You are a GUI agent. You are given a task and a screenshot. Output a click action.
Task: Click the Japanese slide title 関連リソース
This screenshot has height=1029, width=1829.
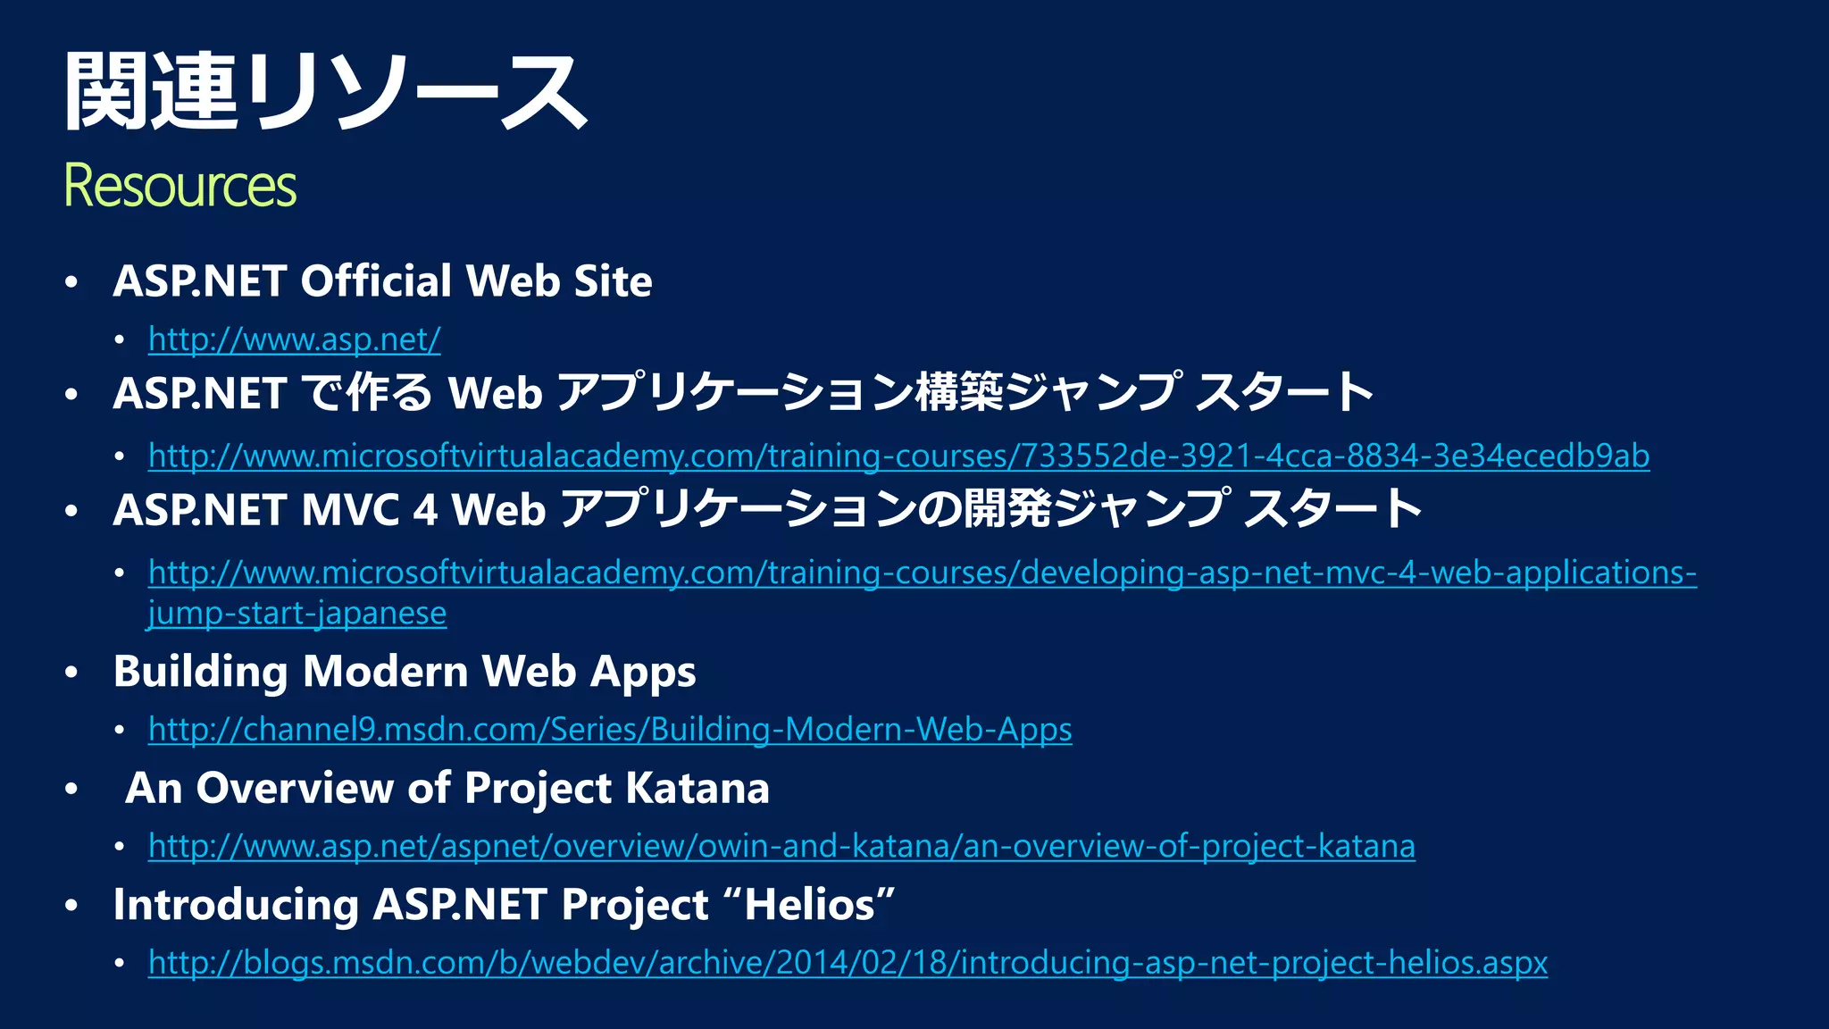tap(326, 91)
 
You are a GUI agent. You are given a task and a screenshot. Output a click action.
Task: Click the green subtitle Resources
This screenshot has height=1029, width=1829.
tap(180, 186)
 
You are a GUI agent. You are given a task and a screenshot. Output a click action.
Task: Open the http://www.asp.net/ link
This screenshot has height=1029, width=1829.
tap(294, 339)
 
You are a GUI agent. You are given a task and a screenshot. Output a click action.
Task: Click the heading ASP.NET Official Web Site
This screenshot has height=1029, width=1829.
tap(382, 281)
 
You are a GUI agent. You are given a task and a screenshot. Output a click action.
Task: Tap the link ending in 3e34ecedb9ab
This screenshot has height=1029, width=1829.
tap(898, 456)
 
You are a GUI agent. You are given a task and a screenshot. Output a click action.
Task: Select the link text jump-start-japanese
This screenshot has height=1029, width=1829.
tap(297, 614)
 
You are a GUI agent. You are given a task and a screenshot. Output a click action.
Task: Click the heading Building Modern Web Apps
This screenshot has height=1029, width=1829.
tap(405, 672)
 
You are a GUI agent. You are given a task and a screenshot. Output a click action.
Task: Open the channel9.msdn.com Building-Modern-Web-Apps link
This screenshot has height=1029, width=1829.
tap(610, 730)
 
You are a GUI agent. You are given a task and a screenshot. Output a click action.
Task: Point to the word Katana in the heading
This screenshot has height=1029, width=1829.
tap(697, 789)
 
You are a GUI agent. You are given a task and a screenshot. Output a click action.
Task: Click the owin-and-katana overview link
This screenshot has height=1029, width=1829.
tap(781, 846)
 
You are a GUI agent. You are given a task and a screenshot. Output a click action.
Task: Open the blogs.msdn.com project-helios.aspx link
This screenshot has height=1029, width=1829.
tap(848, 963)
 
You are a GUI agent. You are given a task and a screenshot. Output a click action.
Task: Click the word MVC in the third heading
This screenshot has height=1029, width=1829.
tap(351, 510)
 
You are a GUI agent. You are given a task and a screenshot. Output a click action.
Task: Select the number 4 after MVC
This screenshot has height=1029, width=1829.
tap(425, 510)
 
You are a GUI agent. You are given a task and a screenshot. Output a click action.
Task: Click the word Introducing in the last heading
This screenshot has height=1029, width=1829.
tap(236, 905)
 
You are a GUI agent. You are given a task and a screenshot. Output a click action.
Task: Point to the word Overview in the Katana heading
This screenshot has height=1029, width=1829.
tap(295, 789)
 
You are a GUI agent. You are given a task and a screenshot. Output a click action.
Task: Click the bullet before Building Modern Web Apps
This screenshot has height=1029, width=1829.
tap(72, 673)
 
